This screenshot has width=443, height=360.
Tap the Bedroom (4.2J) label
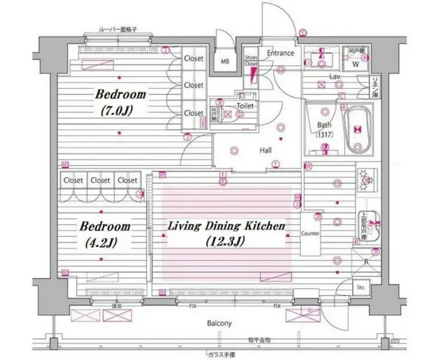point(105,234)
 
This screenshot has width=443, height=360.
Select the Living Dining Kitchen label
point(224,233)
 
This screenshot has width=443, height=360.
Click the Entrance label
point(280,53)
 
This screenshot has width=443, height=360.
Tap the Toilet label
point(245,106)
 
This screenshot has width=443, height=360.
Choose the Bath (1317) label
point(324,129)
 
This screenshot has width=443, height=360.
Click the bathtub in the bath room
point(359,129)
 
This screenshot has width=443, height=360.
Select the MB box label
point(225,61)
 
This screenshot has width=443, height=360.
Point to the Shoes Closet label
point(251,61)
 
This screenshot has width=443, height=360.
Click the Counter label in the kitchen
point(310,234)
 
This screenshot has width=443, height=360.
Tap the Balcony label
point(220,323)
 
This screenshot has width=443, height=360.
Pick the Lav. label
point(335,77)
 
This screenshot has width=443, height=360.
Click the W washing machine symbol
point(355,63)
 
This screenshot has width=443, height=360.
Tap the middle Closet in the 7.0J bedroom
point(193,85)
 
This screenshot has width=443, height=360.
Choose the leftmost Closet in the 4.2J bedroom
point(73,180)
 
